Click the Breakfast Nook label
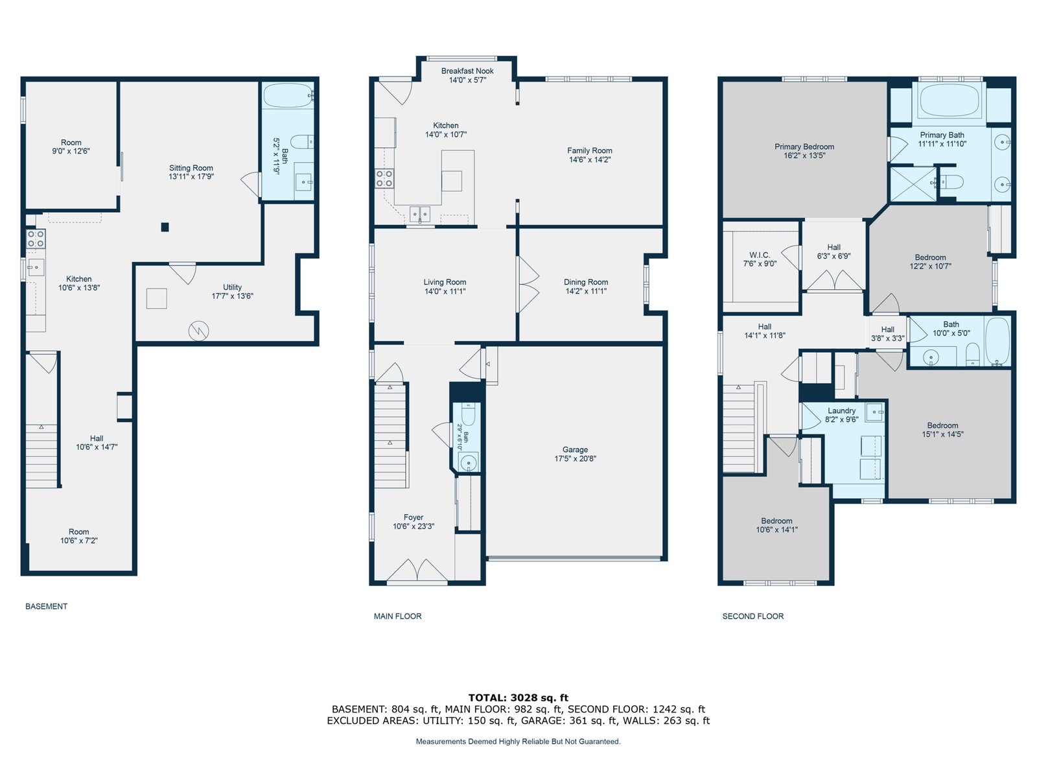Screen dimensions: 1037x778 [467, 71]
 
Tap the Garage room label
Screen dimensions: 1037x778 [575, 450]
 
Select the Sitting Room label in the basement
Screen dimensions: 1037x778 [191, 168]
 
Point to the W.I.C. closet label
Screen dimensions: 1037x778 [759, 255]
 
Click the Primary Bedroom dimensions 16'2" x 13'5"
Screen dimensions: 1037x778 [804, 156]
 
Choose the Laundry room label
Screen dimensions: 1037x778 [841, 410]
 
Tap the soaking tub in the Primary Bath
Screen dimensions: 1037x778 [949, 100]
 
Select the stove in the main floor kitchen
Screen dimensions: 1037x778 [384, 178]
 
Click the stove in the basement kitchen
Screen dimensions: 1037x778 [36, 238]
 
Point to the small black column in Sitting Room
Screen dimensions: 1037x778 [165, 227]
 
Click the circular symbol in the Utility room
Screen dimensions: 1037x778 [198, 331]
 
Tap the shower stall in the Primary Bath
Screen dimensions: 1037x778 [913, 183]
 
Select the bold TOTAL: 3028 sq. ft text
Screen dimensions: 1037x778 [518, 698]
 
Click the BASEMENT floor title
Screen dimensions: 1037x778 [46, 606]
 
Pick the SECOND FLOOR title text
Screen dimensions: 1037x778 [752, 616]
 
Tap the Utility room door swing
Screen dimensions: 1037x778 [183, 273]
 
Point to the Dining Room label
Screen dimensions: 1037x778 [586, 282]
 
